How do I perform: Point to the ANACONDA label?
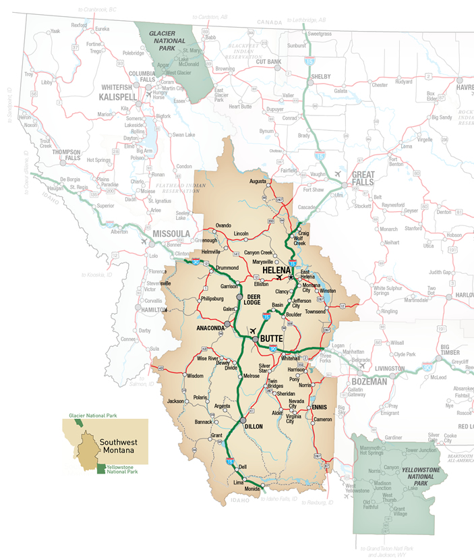tap(209, 328)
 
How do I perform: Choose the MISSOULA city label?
tap(172, 234)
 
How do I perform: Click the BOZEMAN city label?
tap(367, 381)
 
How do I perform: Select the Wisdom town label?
tap(194, 375)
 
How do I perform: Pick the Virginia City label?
tap(294, 418)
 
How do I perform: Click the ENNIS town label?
tap(319, 408)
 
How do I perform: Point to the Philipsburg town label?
tap(212, 297)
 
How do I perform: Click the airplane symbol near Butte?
tap(253, 331)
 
